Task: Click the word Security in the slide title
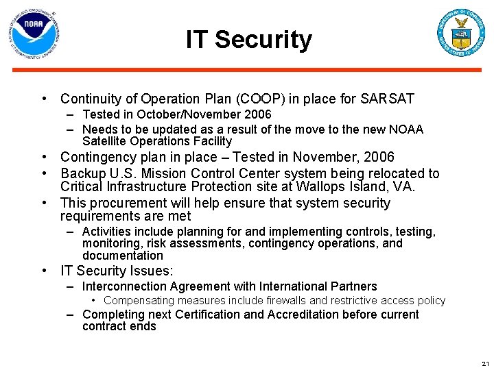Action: coord(263,40)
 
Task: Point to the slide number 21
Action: coord(485,364)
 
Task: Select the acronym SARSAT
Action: coord(388,99)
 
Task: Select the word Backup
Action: coord(83,173)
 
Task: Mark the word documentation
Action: coord(122,256)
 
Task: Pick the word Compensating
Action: coord(141,300)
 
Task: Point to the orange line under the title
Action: coord(247,69)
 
